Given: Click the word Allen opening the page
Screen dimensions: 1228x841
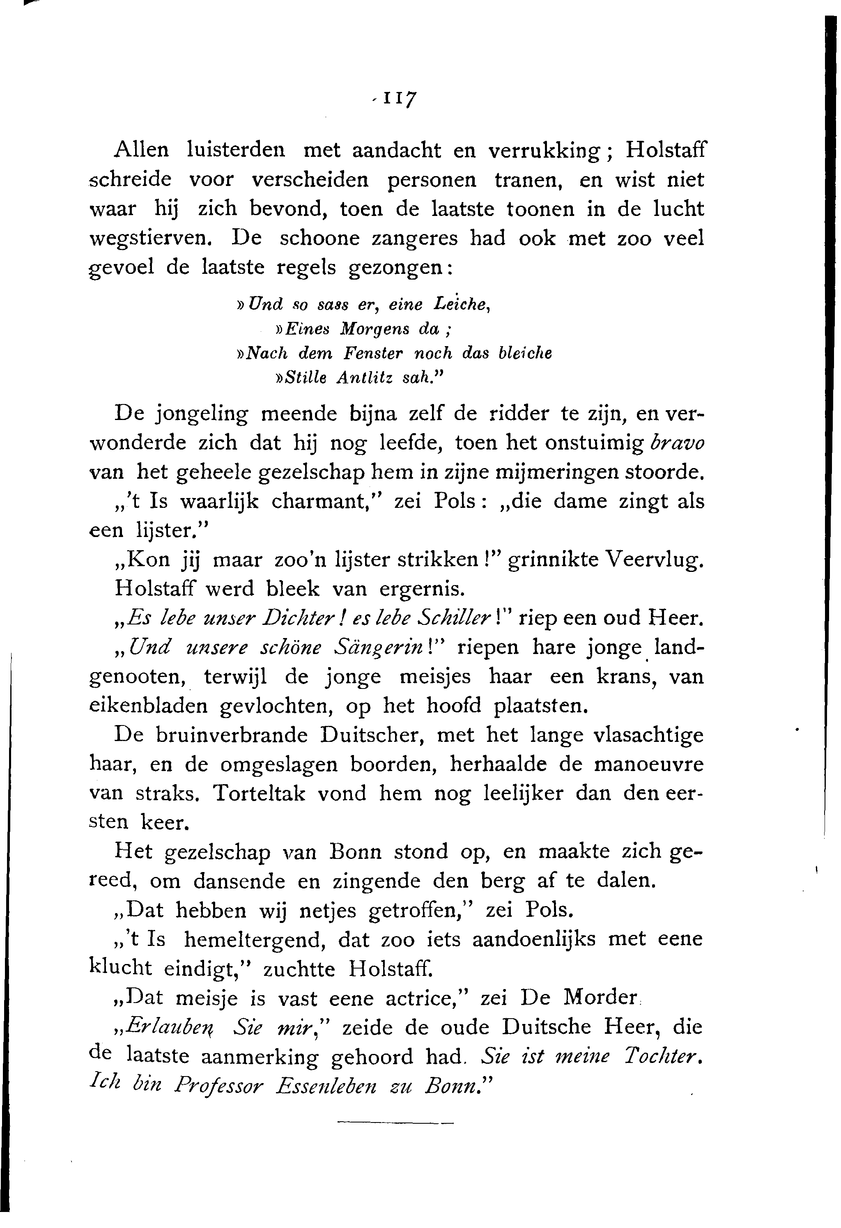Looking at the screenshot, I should [x=142, y=150].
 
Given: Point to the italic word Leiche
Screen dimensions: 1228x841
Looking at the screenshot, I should [x=460, y=305].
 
